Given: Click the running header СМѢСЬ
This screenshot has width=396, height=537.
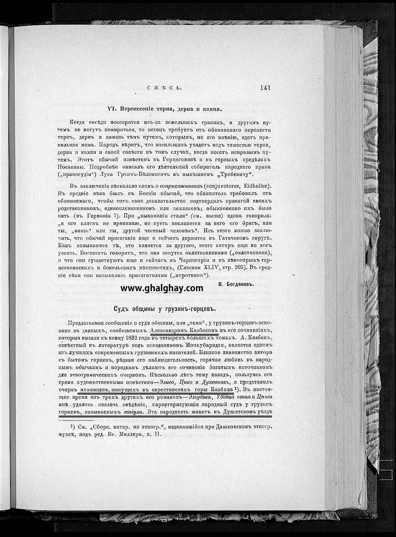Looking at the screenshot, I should (164, 88).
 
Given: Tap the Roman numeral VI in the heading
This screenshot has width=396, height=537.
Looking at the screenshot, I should (111, 109).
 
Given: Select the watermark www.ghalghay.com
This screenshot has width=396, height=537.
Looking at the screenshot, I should (162, 288).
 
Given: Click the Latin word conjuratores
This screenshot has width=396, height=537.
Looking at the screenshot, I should (227, 186).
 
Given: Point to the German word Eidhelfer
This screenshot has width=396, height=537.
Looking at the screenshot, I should (255, 186).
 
